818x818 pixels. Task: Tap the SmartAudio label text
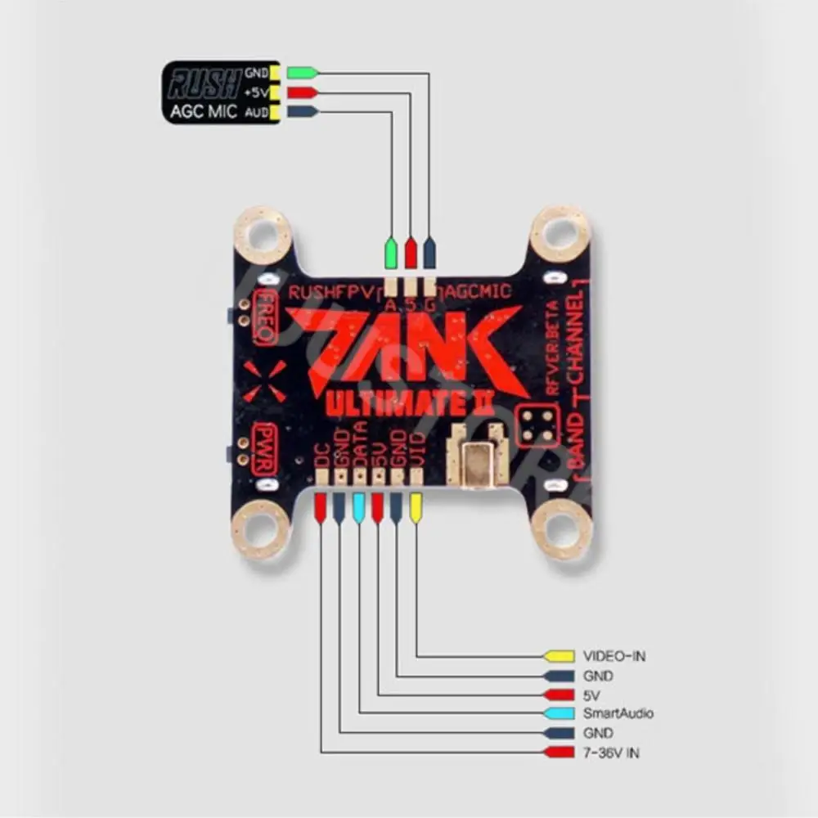click(x=618, y=713)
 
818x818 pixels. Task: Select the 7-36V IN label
click(x=610, y=752)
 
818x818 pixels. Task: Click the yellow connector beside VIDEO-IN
click(x=560, y=656)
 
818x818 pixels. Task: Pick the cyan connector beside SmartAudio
click(x=560, y=713)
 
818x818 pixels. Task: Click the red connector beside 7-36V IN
click(x=560, y=752)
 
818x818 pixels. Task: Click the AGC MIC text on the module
click(x=203, y=111)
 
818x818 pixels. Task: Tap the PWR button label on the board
click(x=266, y=449)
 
